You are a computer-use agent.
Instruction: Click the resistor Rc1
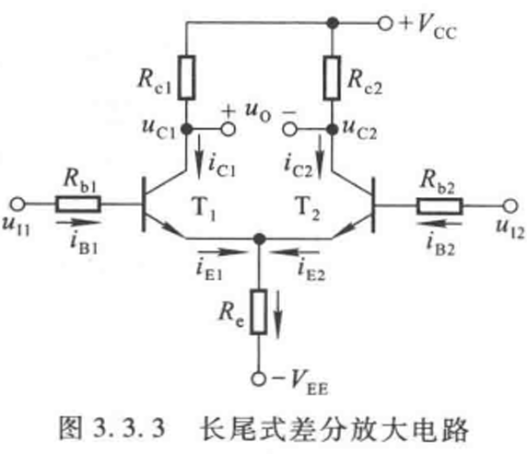point(186,77)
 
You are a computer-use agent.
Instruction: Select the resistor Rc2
point(332,77)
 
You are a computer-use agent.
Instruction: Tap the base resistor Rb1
point(78,204)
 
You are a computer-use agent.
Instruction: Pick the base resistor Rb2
point(439,206)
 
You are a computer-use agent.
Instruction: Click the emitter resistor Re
point(259,311)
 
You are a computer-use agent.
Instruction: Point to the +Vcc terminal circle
point(385,24)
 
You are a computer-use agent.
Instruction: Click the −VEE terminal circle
point(259,379)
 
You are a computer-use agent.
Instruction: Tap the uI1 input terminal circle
point(18,204)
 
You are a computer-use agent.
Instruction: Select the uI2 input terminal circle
point(510,206)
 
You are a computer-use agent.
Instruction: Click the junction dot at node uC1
point(186,129)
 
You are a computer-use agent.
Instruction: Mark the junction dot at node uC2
point(332,129)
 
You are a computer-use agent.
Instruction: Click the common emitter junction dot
point(259,239)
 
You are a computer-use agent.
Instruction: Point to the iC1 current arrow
point(200,157)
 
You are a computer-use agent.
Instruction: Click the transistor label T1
point(204,208)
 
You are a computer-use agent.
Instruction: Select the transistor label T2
point(308,208)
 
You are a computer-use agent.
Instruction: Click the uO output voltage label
point(258,112)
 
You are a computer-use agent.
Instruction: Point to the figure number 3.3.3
point(129,428)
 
